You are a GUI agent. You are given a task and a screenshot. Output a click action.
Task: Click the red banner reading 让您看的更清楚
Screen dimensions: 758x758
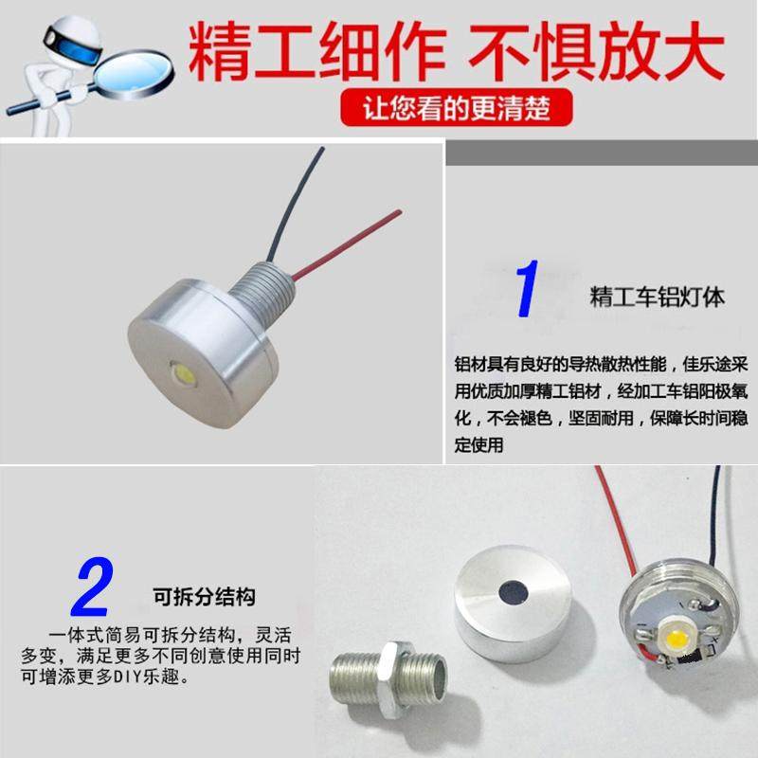458,107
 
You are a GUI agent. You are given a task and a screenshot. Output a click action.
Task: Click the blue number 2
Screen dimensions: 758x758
93,588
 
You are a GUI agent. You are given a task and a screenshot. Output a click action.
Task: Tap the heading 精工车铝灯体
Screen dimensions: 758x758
657,297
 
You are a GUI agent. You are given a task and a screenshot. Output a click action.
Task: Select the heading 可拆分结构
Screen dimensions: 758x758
204,599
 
